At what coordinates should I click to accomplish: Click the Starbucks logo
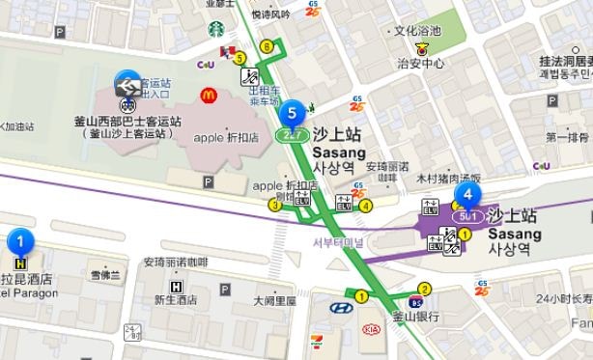tap(216, 30)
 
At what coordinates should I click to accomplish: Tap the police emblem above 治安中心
tap(420, 46)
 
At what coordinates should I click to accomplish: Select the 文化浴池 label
tap(417, 31)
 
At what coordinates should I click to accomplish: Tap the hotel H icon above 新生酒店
tap(175, 286)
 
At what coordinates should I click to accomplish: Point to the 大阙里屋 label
tap(274, 300)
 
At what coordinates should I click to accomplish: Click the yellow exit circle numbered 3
tap(275, 204)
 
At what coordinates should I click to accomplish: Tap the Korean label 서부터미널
tap(335, 242)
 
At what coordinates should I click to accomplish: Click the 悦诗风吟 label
tap(269, 14)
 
